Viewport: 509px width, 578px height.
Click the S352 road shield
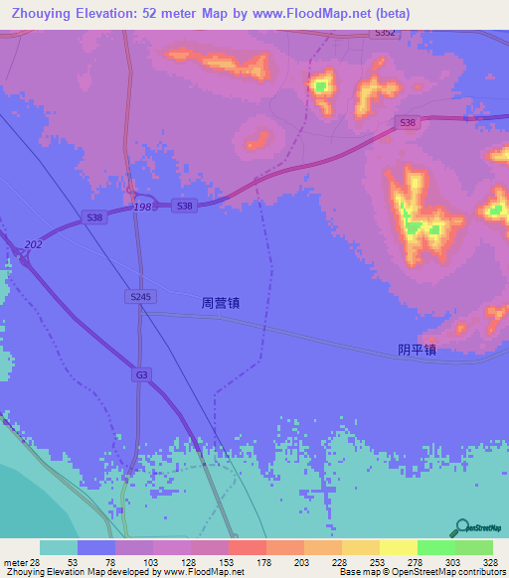coord(386,33)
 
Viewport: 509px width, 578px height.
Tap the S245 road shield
coord(140,297)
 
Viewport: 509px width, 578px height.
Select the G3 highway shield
coord(141,374)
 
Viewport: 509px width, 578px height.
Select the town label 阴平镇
coord(417,349)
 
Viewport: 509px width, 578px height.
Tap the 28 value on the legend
coord(36,561)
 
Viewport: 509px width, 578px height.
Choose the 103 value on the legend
coord(152,561)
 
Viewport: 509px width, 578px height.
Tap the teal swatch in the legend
coord(59,547)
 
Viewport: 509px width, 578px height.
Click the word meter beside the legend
coord(14,561)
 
